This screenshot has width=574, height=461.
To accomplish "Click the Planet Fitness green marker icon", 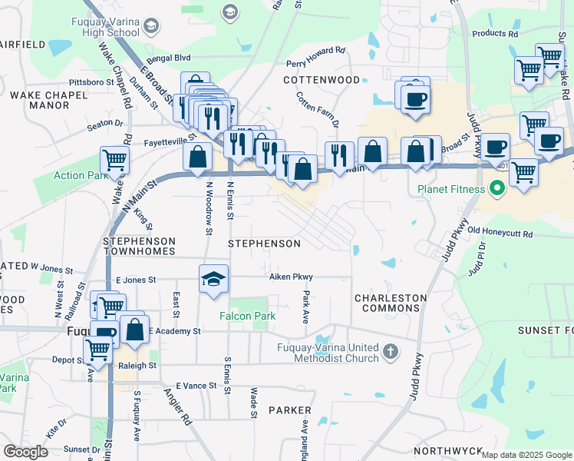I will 496,187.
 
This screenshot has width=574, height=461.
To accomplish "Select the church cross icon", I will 391,352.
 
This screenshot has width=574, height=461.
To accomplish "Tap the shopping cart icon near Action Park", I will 114,160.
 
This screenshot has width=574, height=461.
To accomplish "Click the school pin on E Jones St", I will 214,278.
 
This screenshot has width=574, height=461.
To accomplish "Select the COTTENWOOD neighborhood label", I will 322,80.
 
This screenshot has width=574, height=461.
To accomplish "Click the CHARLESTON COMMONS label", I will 390,303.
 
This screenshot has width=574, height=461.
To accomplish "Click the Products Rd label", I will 495,34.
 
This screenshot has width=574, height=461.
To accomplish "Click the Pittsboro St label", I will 89,81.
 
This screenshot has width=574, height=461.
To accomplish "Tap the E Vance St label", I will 197,385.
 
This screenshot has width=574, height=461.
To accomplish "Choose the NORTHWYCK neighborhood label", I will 448,451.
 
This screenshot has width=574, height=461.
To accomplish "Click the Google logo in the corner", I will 25,452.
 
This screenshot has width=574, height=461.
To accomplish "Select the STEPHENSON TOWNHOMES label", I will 139,246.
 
